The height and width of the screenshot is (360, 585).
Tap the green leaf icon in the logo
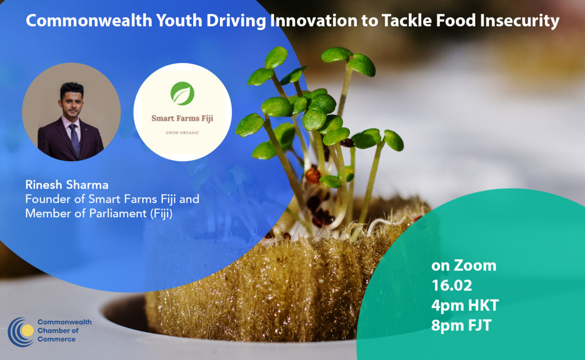pos(182,93)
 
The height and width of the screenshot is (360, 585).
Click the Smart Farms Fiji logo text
pos(182,118)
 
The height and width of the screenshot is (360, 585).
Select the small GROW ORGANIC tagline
pos(182,133)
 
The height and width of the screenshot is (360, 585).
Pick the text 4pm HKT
pos(465,306)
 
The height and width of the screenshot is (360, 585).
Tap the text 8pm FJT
pos(461,326)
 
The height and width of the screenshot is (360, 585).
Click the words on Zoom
pos(464,266)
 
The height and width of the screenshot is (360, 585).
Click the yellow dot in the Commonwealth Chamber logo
pos(28,331)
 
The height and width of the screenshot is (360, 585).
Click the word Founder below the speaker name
pos(45,199)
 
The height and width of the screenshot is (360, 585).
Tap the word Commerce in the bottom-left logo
pos(57,339)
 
